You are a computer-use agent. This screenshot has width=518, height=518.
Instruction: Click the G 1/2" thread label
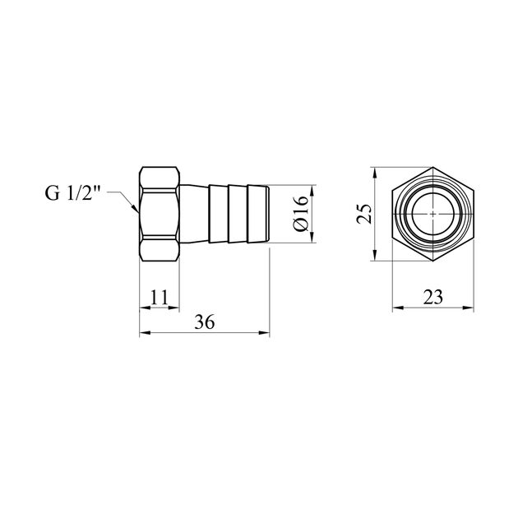72,193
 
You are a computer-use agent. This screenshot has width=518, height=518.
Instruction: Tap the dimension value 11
160,297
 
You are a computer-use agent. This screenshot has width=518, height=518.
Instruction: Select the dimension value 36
205,321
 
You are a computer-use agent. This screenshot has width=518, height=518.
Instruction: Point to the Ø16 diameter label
300,214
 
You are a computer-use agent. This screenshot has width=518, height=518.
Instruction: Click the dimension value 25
364,214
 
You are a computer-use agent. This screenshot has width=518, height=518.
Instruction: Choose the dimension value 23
432,297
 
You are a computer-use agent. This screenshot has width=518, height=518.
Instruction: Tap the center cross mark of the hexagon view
433,214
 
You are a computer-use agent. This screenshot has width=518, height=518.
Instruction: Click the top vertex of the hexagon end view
433,167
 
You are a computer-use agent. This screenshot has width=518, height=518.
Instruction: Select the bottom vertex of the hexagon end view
433,261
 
